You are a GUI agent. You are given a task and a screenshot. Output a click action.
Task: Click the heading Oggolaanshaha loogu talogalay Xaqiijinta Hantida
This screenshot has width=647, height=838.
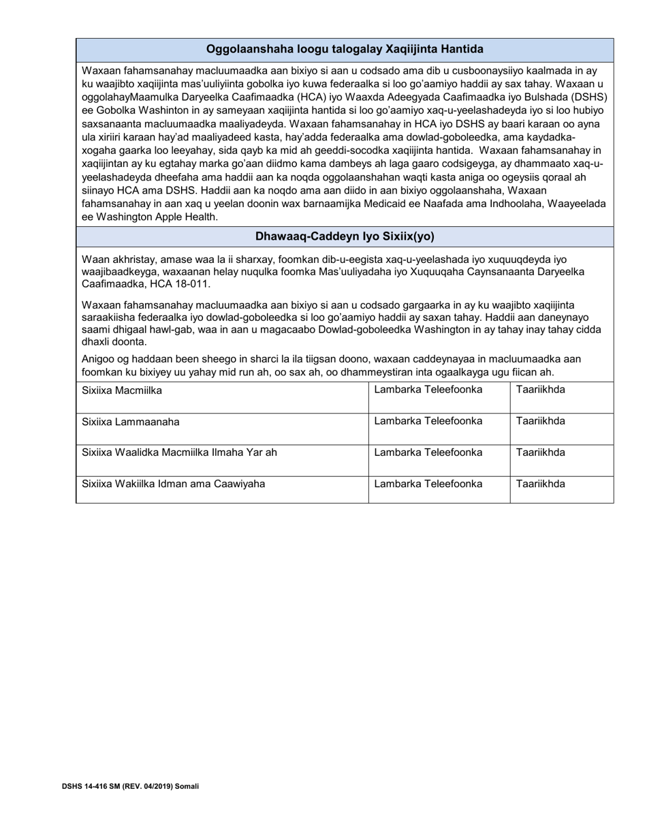(345, 49)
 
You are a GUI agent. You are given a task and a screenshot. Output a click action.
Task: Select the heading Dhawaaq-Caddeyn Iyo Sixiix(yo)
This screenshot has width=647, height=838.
(345, 236)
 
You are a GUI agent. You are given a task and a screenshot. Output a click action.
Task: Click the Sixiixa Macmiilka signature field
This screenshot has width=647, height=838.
(222, 398)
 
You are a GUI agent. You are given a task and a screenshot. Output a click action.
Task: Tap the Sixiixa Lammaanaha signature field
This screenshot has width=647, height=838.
(222, 429)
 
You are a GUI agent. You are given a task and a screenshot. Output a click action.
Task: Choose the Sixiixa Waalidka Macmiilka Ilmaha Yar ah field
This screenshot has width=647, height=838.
(222, 461)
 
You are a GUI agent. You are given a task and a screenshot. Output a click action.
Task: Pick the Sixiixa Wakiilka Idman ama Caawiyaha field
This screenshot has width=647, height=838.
(222, 491)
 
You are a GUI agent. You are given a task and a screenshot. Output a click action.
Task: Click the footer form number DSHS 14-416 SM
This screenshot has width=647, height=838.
(130, 786)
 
